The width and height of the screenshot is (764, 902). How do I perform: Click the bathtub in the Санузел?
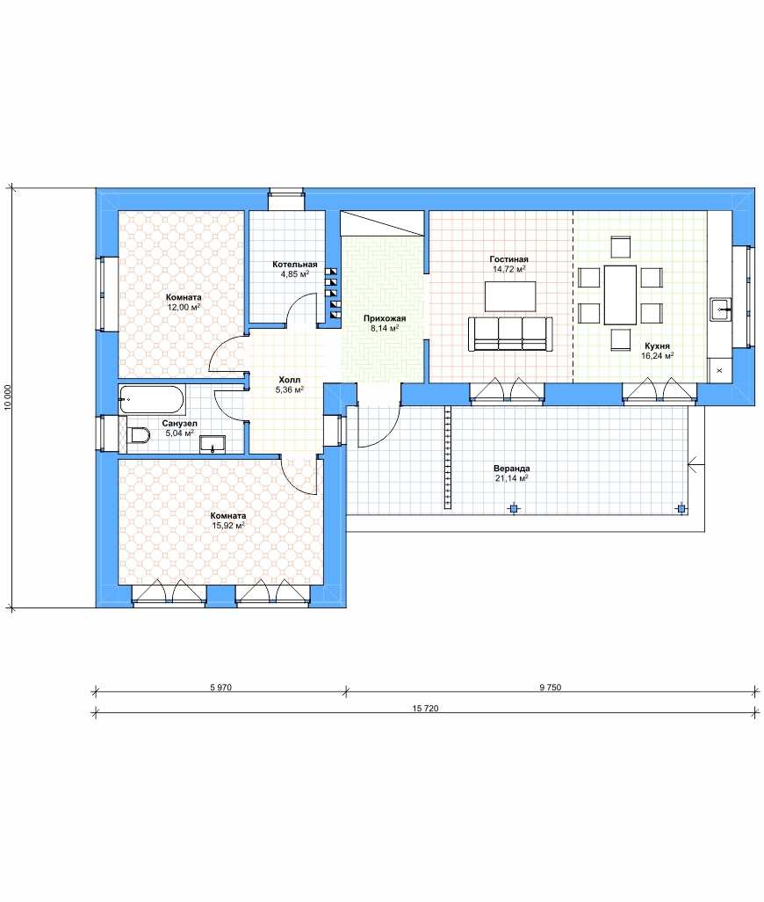pos(152,400)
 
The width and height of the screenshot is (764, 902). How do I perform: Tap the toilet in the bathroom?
pos(139,435)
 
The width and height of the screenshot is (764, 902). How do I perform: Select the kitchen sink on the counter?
pos(720,309)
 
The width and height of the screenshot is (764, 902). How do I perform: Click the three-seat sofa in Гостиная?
pos(511,334)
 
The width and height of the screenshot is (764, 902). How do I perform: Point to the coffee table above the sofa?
pos(510,296)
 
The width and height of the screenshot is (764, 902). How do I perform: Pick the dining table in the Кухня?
pos(620,295)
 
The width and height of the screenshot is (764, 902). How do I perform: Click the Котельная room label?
pos(295,265)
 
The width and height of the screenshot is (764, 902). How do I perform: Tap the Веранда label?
pos(511,469)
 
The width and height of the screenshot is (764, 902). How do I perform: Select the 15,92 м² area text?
pos(228,526)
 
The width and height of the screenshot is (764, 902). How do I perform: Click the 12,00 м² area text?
pos(184,307)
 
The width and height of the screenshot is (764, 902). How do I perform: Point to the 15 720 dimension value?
pos(425,708)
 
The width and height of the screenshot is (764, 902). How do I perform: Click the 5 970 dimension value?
pos(220,687)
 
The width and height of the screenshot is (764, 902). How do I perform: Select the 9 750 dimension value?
pos(551,687)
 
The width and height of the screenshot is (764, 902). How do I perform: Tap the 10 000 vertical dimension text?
pos(8,396)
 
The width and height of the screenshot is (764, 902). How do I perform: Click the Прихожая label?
pos(385,319)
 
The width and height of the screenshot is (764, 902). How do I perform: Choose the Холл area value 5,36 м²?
pos(290,390)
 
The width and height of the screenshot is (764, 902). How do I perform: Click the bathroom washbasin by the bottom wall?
pos(213,444)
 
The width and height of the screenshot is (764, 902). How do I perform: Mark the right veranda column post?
pos(681,508)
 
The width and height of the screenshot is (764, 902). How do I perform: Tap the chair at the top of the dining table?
pos(620,247)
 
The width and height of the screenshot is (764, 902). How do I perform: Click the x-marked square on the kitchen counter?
pos(719,370)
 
